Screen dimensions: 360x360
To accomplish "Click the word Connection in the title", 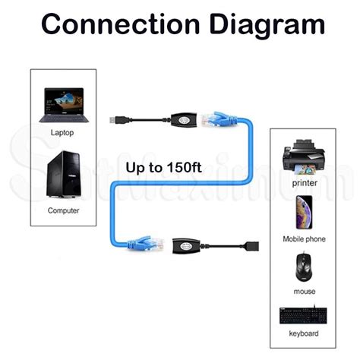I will click(114, 25).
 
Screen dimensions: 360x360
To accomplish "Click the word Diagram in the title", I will click(261, 25).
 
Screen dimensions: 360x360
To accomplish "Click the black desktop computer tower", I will click(64, 175).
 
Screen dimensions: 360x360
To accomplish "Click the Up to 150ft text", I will click(163, 167).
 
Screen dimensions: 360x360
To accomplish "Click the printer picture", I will click(304, 158).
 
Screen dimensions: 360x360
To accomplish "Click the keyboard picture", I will click(304, 314).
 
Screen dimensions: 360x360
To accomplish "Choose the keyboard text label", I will click(304, 332).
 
